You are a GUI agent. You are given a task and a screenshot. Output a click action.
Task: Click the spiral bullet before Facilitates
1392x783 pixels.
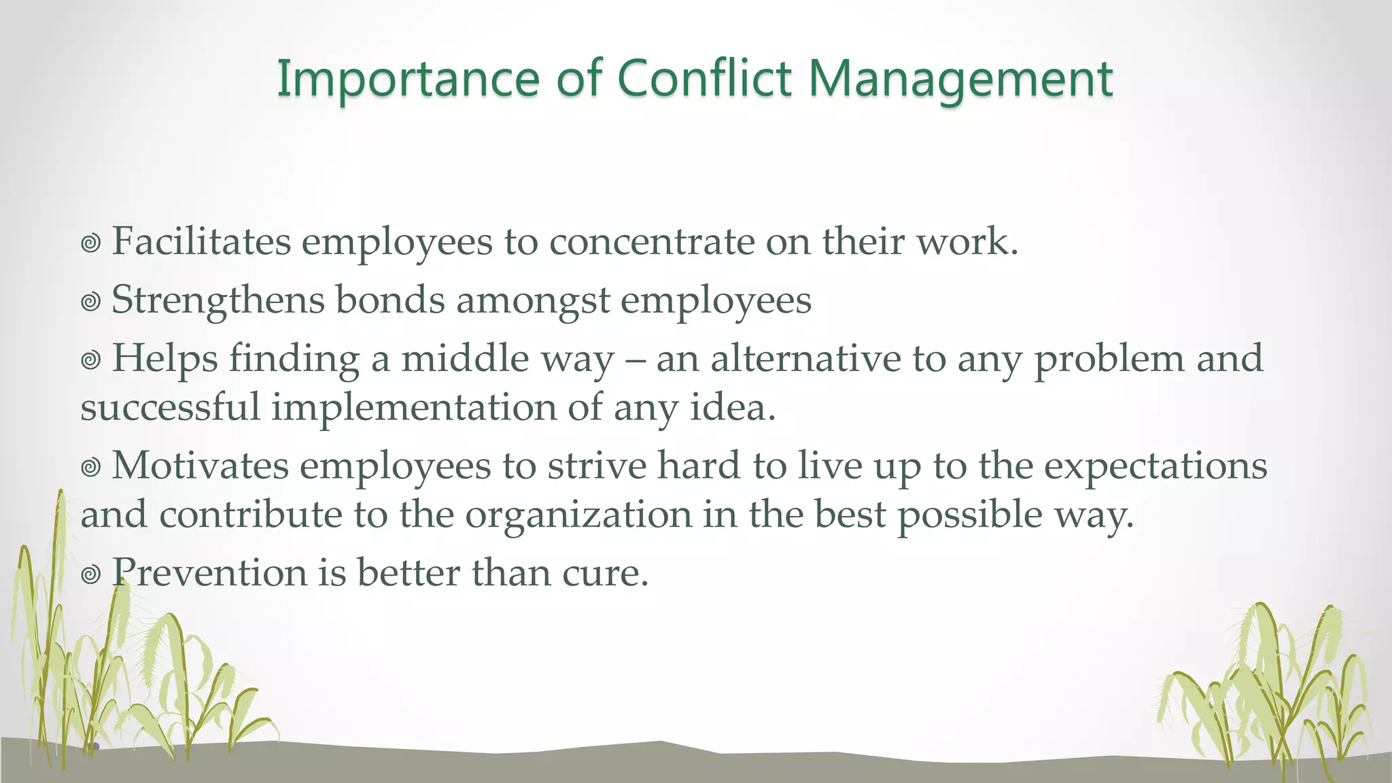click(90, 243)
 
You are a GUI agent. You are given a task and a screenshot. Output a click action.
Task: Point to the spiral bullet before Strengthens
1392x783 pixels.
click(90, 302)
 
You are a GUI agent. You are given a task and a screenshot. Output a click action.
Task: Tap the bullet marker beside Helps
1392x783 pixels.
click(90, 360)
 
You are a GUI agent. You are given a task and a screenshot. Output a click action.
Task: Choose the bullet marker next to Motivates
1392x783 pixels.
click(90, 468)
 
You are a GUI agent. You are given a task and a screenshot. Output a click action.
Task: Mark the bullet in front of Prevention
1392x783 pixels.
click(90, 575)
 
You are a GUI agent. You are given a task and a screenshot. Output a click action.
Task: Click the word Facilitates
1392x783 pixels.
click(201, 241)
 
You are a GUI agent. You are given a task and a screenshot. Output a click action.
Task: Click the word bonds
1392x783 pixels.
click(390, 300)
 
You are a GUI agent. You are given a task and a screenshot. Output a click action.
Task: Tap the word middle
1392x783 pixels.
click(465, 358)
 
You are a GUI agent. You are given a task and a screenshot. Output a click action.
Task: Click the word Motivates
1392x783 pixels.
click(201, 466)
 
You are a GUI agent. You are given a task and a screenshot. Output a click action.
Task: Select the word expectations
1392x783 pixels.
click(1155, 467)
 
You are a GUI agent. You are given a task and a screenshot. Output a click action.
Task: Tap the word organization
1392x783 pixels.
click(578, 515)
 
